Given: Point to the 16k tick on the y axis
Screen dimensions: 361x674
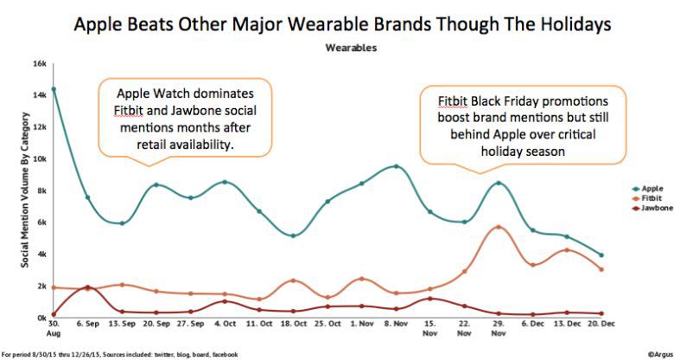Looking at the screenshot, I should pos(40,63).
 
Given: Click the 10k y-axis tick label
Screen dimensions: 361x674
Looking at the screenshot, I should pos(40,159).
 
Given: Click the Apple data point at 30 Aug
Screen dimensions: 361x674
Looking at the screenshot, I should pos(54,89).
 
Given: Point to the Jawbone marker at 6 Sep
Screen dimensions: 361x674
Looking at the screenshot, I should pos(87,287).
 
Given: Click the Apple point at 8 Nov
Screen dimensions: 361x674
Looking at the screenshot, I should pos(397,166).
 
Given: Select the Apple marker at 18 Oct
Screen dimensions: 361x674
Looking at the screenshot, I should pos(293,235).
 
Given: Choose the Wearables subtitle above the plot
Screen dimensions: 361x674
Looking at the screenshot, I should pos(350,48).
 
